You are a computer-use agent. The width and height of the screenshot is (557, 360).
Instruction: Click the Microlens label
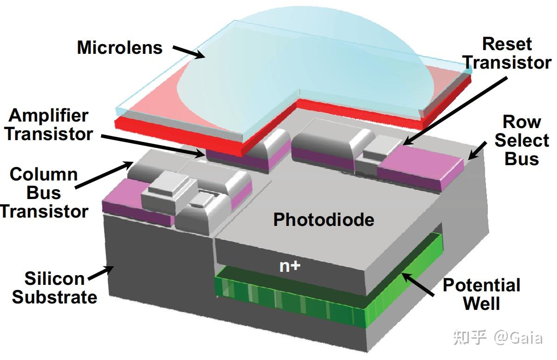coord(120,47)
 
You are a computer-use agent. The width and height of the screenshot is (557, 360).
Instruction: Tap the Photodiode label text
coord(324,219)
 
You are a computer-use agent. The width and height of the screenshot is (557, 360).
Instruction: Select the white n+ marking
coord(290,266)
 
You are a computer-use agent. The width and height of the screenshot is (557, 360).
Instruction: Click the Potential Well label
coord(481,294)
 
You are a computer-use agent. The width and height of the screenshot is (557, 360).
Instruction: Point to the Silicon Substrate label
coord(54,288)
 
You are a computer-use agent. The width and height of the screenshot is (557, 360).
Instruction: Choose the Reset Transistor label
coord(507,53)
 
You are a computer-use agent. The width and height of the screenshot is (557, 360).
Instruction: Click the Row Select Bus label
coord(522,140)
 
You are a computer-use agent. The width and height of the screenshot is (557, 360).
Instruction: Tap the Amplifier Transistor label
coord(49,124)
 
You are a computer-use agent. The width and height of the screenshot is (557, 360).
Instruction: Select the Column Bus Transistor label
coord(44,193)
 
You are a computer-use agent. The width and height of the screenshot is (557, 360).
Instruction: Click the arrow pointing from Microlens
coord(189,52)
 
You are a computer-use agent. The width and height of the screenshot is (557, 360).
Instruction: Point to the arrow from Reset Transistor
coord(454,111)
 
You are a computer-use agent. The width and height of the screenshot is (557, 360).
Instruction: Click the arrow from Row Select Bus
coord(477,151)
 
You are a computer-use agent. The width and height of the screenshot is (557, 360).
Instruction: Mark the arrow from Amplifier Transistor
coord(153,146)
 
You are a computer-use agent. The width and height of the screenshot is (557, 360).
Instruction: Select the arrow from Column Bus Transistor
coord(104,175)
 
